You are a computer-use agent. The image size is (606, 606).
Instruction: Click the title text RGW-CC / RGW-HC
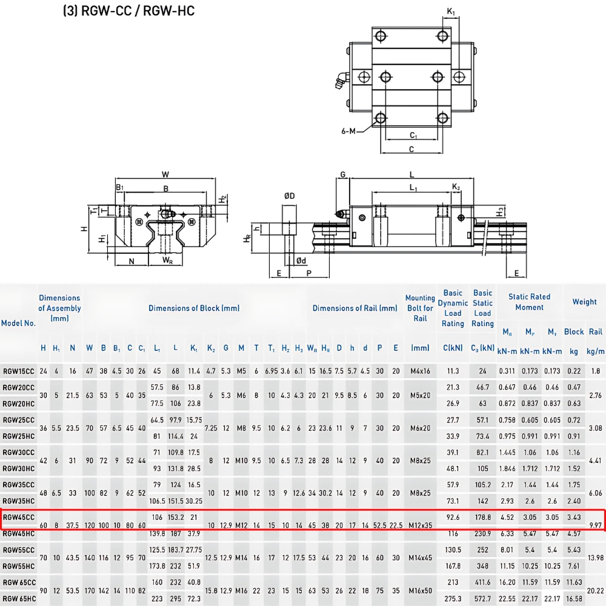138,11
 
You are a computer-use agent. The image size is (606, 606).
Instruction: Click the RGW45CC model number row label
19,517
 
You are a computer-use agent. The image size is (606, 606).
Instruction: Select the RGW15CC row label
19,371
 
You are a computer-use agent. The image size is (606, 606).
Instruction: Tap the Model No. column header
18,323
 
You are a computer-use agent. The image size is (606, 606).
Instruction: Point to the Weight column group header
584,302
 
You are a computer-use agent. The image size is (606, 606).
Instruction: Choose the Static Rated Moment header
529,302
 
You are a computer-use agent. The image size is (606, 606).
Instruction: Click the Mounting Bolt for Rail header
420,308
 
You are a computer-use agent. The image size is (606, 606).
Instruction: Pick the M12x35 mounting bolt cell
420,525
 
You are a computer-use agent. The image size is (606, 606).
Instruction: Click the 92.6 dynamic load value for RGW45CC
453,517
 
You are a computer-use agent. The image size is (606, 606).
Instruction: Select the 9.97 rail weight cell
595,525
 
